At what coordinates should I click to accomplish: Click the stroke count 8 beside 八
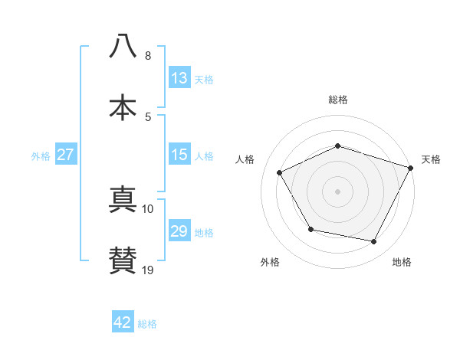pyautogui.click(x=148, y=56)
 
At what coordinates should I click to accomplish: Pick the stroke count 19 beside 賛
pyautogui.click(x=148, y=270)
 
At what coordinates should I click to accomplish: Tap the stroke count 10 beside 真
pyautogui.click(x=148, y=208)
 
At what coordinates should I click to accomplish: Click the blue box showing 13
pyautogui.click(x=179, y=78)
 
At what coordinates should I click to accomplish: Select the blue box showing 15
pyautogui.click(x=179, y=155)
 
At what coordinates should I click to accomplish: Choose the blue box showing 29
pyautogui.click(x=179, y=231)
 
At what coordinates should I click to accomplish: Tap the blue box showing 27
pyautogui.click(x=66, y=155)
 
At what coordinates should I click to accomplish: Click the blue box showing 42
pyautogui.click(x=123, y=322)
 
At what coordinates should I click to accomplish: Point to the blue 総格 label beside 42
pyautogui.click(x=147, y=324)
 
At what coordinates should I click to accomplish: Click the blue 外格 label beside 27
pyautogui.click(x=41, y=156)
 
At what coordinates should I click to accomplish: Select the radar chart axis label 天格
pyautogui.click(x=431, y=159)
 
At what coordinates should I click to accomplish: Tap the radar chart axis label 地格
pyautogui.click(x=402, y=262)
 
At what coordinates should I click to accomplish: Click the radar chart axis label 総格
pyautogui.click(x=337, y=100)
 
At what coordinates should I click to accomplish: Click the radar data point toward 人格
pyautogui.click(x=279, y=172)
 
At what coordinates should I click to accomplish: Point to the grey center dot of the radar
pyautogui.click(x=337, y=191)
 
